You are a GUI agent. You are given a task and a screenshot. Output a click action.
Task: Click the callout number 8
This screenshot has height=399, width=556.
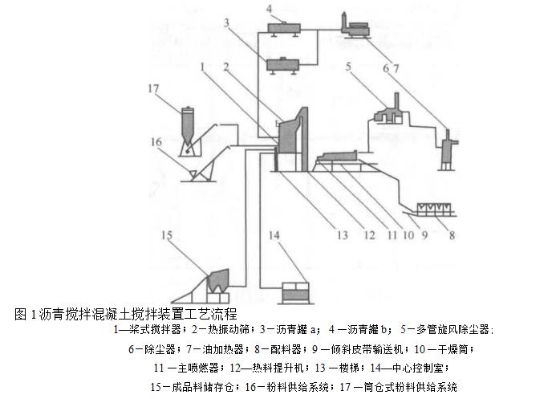(451, 236)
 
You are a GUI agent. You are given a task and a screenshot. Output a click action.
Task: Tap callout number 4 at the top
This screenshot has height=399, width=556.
(270, 10)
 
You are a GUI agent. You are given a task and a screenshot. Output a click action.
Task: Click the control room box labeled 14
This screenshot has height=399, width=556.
(294, 291)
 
